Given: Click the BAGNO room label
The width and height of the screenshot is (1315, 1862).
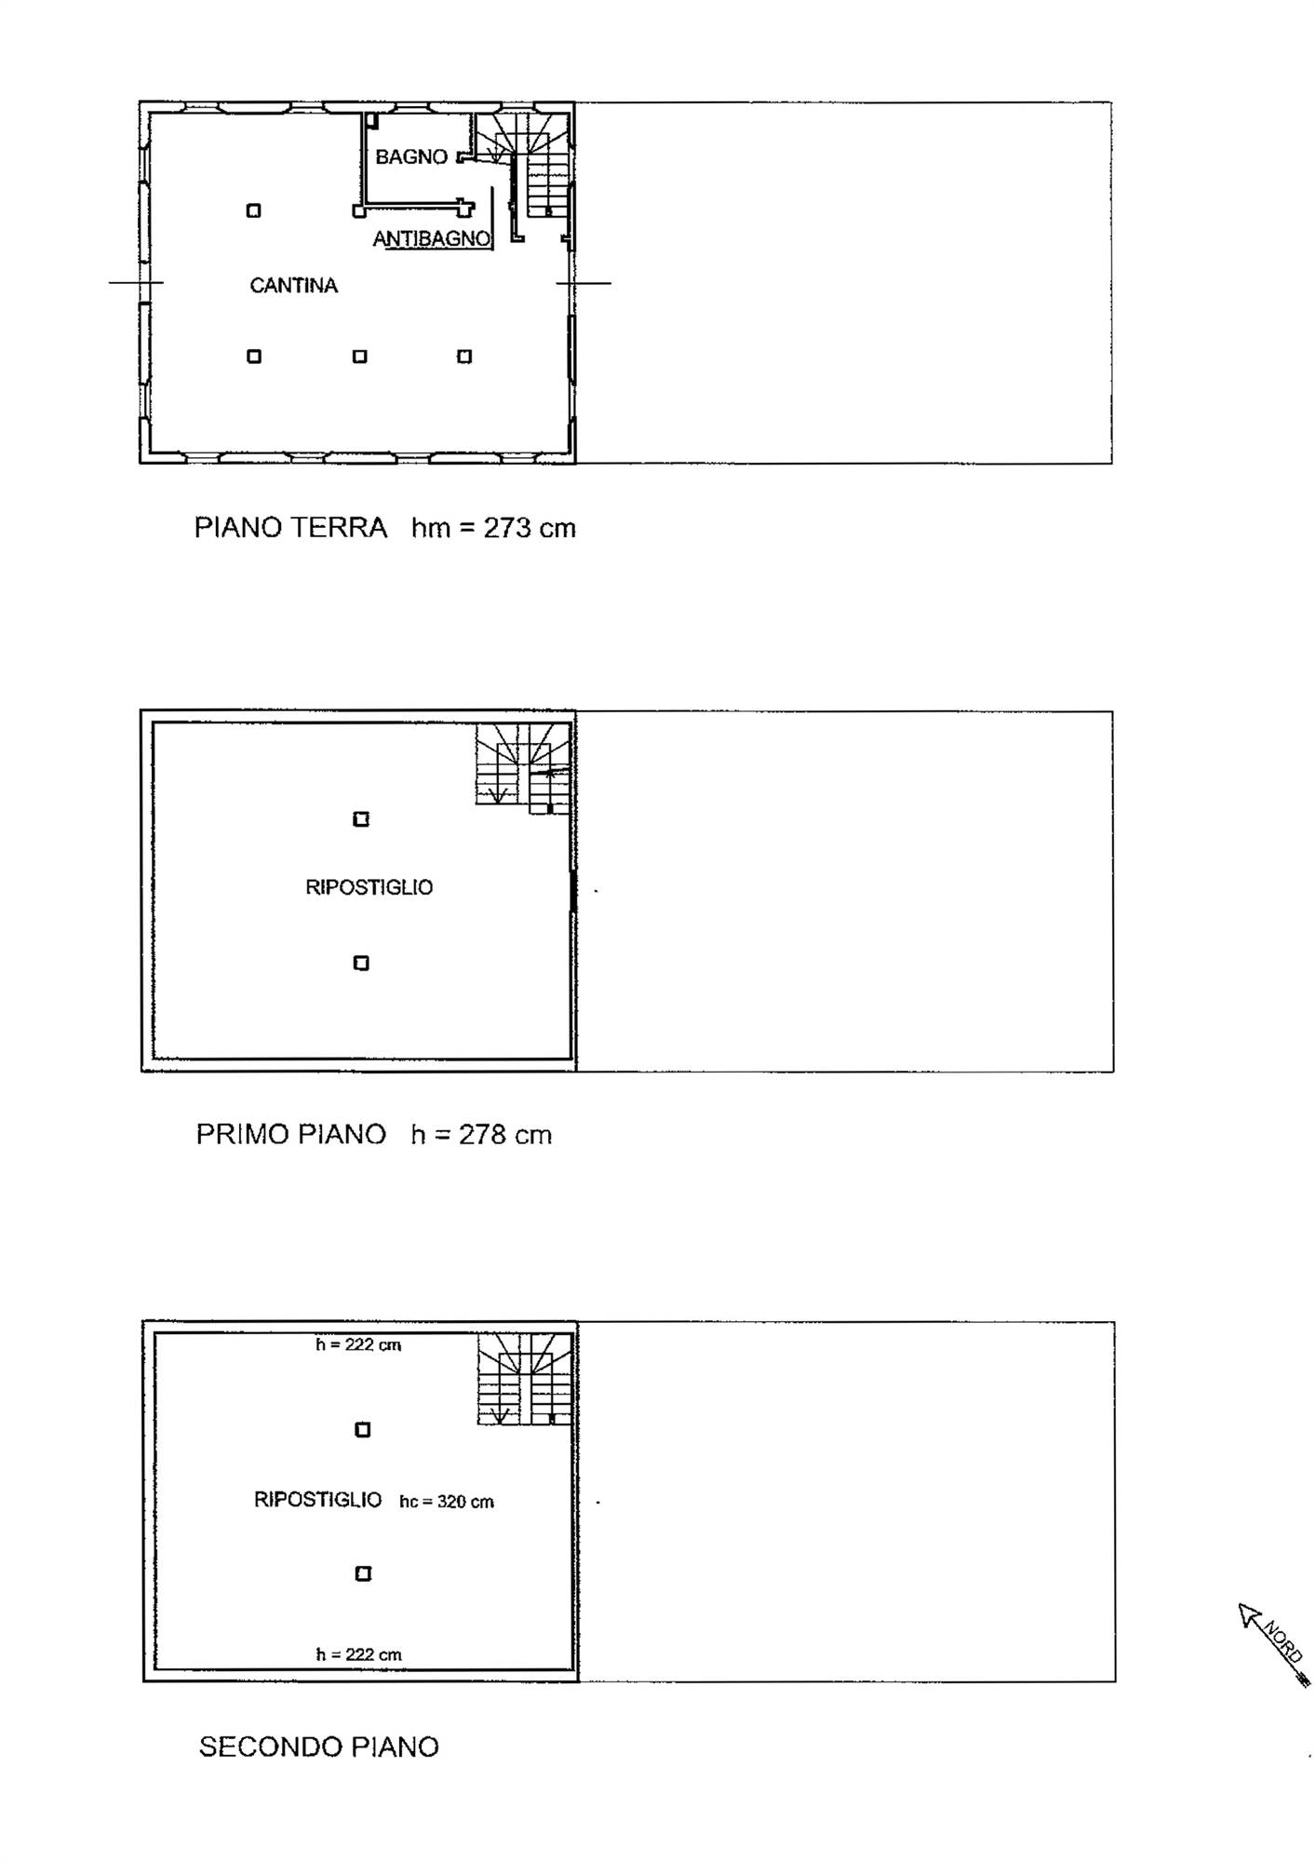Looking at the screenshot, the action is click(411, 157).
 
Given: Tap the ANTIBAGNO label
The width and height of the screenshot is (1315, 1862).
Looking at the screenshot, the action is click(432, 239).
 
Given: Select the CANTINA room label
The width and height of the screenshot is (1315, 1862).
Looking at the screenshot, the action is click(293, 286).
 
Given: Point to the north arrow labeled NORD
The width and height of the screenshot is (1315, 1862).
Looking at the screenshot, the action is click(1274, 1645).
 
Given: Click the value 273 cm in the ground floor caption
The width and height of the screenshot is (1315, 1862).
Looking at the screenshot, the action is click(530, 528).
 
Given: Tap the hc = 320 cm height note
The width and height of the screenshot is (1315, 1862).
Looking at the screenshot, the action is click(447, 1502).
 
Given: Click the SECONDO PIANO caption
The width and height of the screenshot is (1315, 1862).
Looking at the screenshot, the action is click(319, 1747).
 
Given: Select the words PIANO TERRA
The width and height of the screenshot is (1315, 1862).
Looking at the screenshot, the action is click(290, 528).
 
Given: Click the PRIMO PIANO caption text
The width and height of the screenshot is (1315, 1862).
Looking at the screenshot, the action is click(290, 1135).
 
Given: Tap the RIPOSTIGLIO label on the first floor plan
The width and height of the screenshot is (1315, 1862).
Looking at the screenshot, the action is click(369, 887).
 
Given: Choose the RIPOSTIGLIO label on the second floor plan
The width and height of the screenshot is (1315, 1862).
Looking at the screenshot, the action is click(318, 1500).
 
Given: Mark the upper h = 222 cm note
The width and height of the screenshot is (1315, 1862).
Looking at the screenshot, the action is click(358, 1344).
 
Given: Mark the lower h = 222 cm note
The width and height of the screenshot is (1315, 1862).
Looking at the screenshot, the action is click(358, 1654).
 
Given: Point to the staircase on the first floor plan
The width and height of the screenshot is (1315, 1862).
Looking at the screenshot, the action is click(523, 768).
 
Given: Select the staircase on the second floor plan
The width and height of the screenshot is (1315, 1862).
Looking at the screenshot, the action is click(524, 1379).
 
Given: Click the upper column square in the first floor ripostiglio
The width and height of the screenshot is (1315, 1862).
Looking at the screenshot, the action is click(361, 819).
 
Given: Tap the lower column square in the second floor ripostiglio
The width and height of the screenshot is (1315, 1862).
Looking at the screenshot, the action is click(363, 1573).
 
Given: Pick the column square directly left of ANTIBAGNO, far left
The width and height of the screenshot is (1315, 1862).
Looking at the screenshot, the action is click(253, 211).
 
